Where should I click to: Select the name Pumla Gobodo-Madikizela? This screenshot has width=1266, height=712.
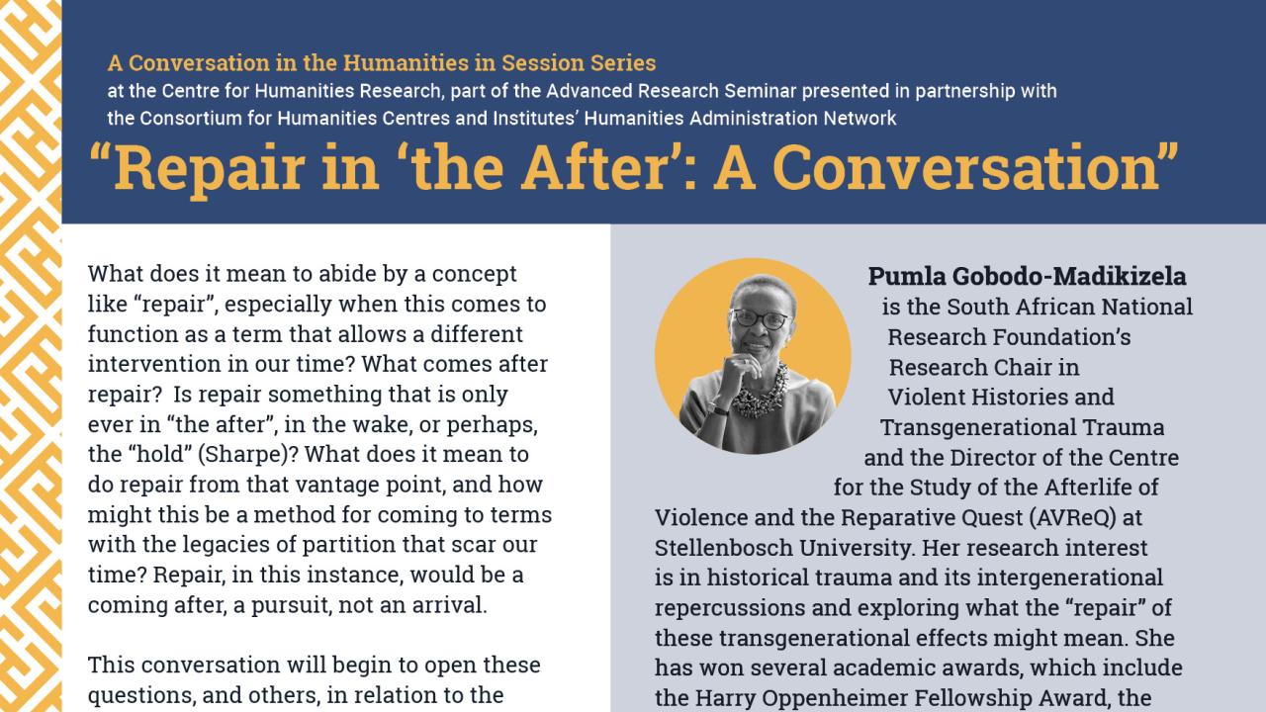1027,276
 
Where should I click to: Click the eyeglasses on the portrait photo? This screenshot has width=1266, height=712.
759,319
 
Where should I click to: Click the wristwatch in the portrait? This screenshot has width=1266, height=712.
718,409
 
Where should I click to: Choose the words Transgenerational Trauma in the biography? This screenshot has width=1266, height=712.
1022,427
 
